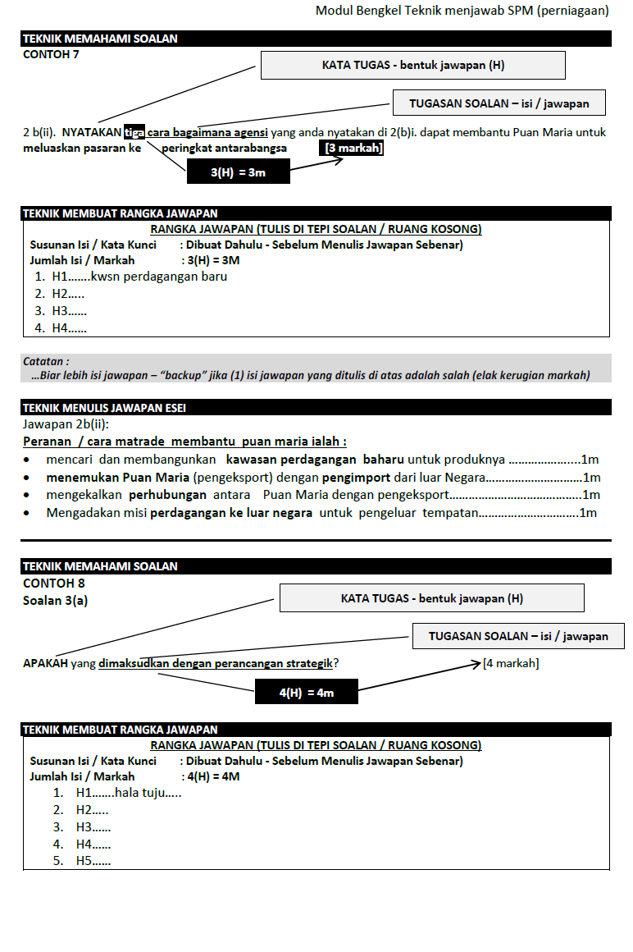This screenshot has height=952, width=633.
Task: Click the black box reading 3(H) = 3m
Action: click(x=238, y=172)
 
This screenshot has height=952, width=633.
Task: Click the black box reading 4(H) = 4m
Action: click(x=307, y=693)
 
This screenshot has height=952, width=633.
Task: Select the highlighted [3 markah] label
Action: click(x=353, y=149)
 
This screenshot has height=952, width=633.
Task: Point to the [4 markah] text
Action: click(x=511, y=663)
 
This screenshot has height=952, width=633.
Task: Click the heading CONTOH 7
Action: click(x=51, y=54)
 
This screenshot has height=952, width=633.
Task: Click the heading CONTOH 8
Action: click(x=53, y=584)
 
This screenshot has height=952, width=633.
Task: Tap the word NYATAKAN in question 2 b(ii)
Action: click(x=91, y=132)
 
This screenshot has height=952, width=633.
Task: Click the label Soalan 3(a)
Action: click(x=56, y=600)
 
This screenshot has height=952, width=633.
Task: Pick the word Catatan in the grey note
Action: click(x=46, y=361)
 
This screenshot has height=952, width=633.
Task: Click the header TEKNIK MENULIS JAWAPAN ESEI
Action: click(x=109, y=407)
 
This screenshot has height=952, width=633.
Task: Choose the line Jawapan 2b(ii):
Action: click(x=66, y=424)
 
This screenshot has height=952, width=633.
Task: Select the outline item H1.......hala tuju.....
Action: click(x=128, y=793)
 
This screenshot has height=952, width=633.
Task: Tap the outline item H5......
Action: click(x=93, y=861)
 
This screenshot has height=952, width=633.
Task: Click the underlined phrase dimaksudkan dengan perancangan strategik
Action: click(x=219, y=663)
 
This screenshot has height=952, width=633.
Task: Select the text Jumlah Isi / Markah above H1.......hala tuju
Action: click(x=82, y=776)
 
